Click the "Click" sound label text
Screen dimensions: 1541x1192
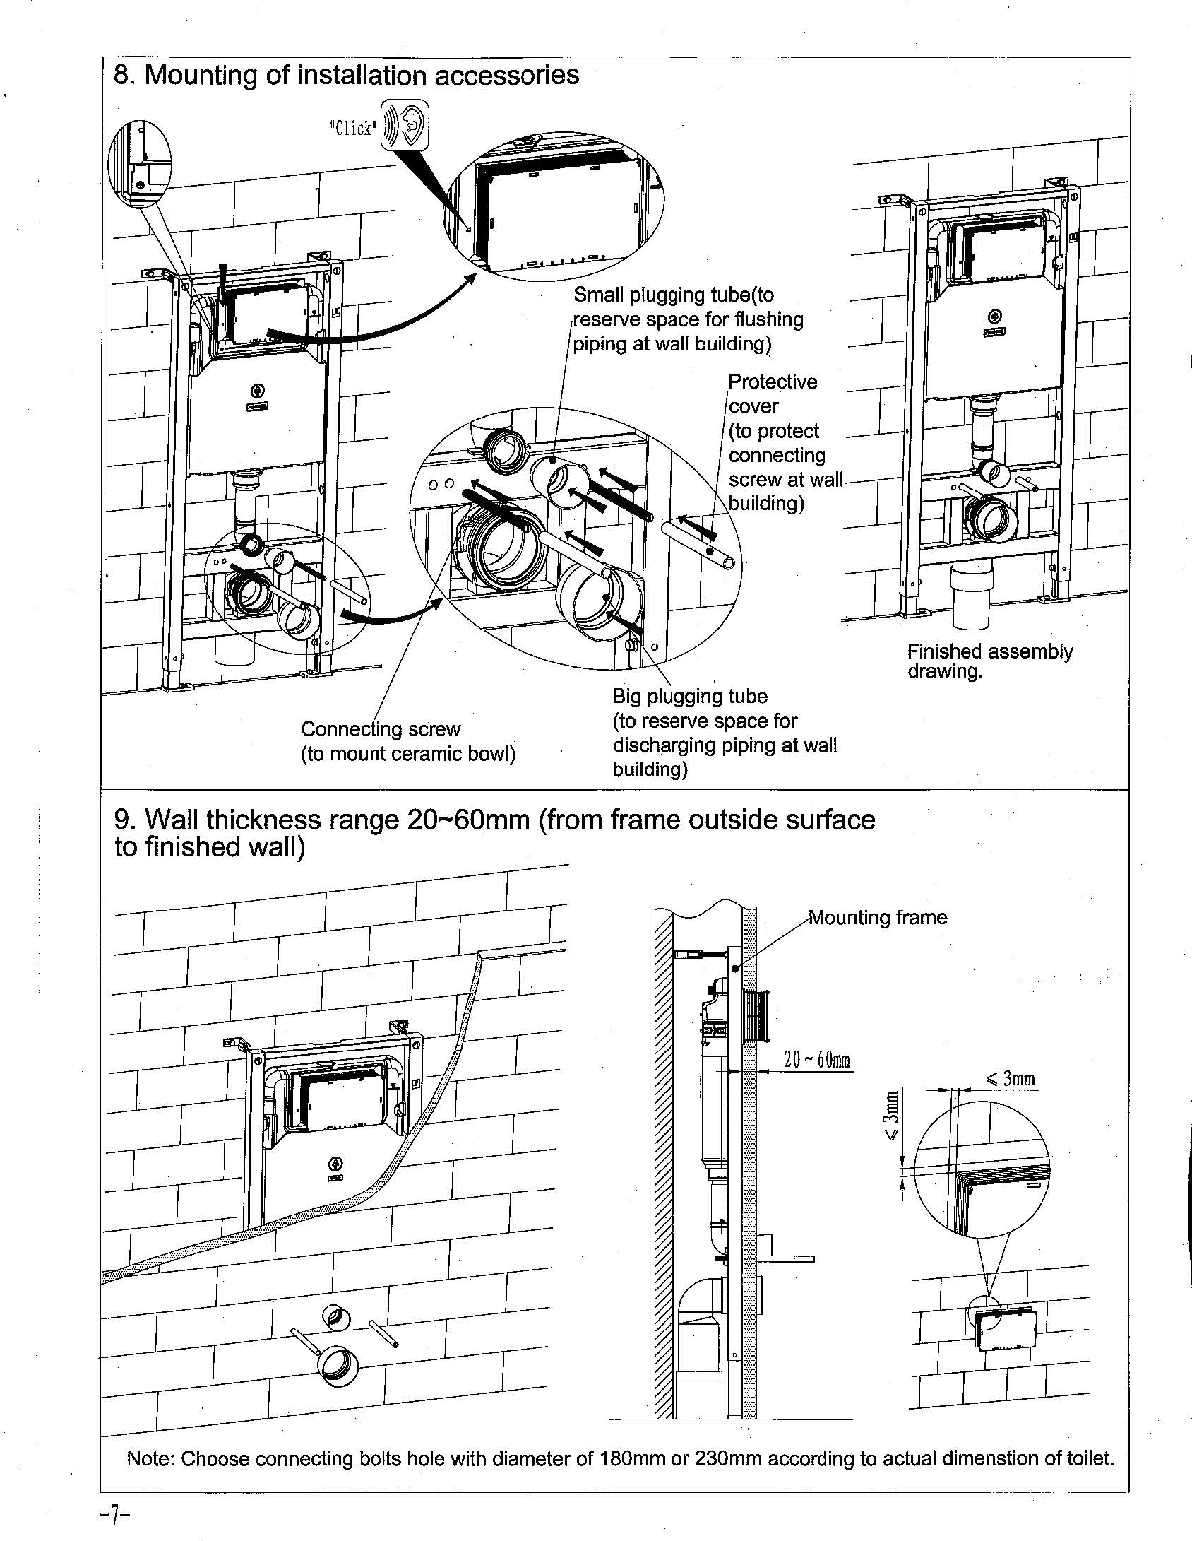352,128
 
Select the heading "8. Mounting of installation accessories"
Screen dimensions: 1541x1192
346,75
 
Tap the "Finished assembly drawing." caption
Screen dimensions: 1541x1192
989,661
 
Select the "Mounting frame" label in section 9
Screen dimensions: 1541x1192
878,917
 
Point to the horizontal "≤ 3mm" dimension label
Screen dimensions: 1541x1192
1011,1078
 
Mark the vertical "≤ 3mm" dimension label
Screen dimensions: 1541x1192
892,1116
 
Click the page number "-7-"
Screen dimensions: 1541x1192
114,1514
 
